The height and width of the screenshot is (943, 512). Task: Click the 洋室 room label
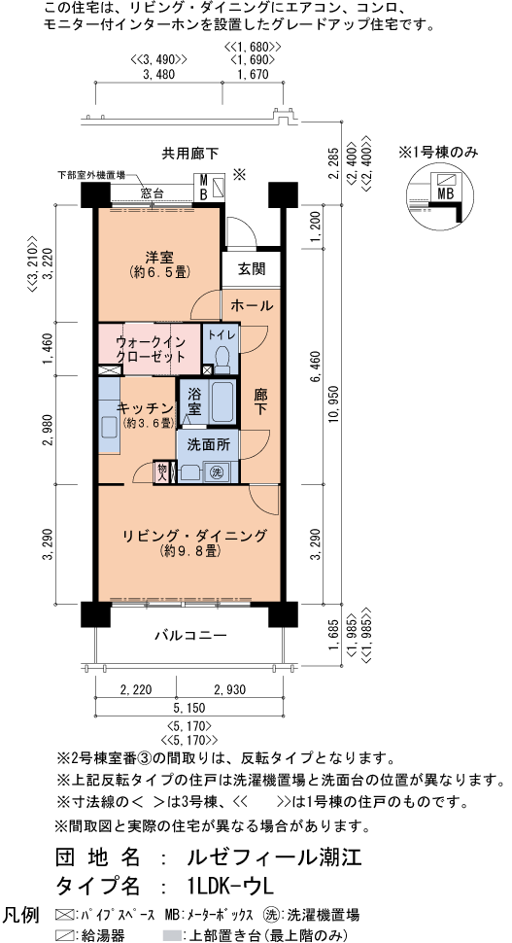tap(159, 257)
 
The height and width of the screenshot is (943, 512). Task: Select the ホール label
tap(251, 305)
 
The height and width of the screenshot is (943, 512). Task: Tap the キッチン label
tap(145, 407)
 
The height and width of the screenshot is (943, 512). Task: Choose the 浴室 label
tap(194, 402)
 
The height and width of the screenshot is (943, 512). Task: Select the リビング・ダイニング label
tap(194, 535)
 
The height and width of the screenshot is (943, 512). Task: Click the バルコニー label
tap(190, 636)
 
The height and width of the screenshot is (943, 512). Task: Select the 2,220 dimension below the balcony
tap(137, 689)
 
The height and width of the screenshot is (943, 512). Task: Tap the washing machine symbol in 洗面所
tap(218, 472)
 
